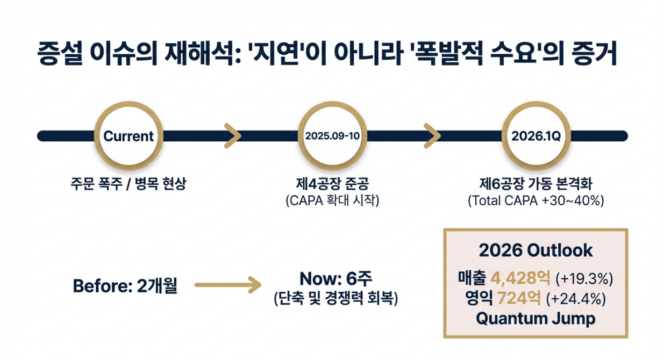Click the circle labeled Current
coord(128,136)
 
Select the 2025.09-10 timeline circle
coord(332,136)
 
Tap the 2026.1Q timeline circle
coord(536,136)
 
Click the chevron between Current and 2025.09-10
coord(231,136)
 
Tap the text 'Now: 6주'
coord(335,279)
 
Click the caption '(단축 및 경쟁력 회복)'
coord(335,298)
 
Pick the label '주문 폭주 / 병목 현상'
coord(128,184)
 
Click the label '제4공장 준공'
coord(332,185)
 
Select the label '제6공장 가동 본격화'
coord(536,185)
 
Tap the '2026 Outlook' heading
coord(536,250)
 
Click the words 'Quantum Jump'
coord(536,318)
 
